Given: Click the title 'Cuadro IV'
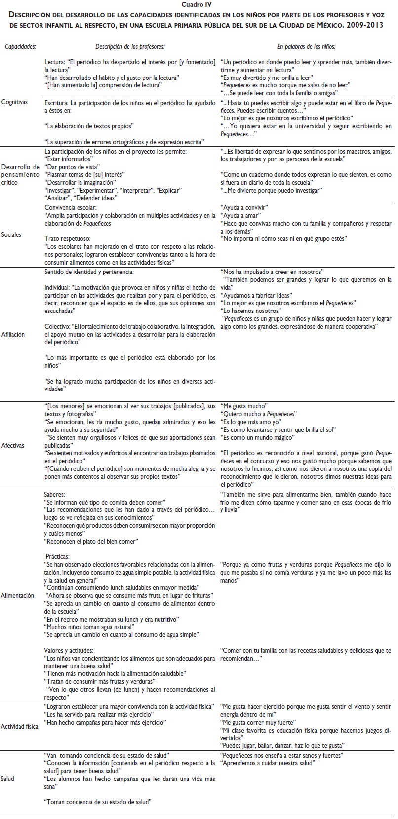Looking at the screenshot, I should click(199, 4).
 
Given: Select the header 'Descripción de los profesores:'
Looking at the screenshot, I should click(130, 46).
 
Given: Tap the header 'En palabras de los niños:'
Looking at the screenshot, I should click(306, 46).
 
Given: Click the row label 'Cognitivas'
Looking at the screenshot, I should click(14, 102).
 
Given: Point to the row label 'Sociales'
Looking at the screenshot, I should click(12, 234).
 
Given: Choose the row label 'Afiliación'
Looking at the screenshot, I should click(13, 334).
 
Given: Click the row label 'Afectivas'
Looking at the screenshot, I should click(13, 445).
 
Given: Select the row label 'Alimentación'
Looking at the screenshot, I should click(18, 595).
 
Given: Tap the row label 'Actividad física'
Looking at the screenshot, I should click(20, 727).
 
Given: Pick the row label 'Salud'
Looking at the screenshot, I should click(8, 779).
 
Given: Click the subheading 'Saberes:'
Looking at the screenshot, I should click(54, 494).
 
